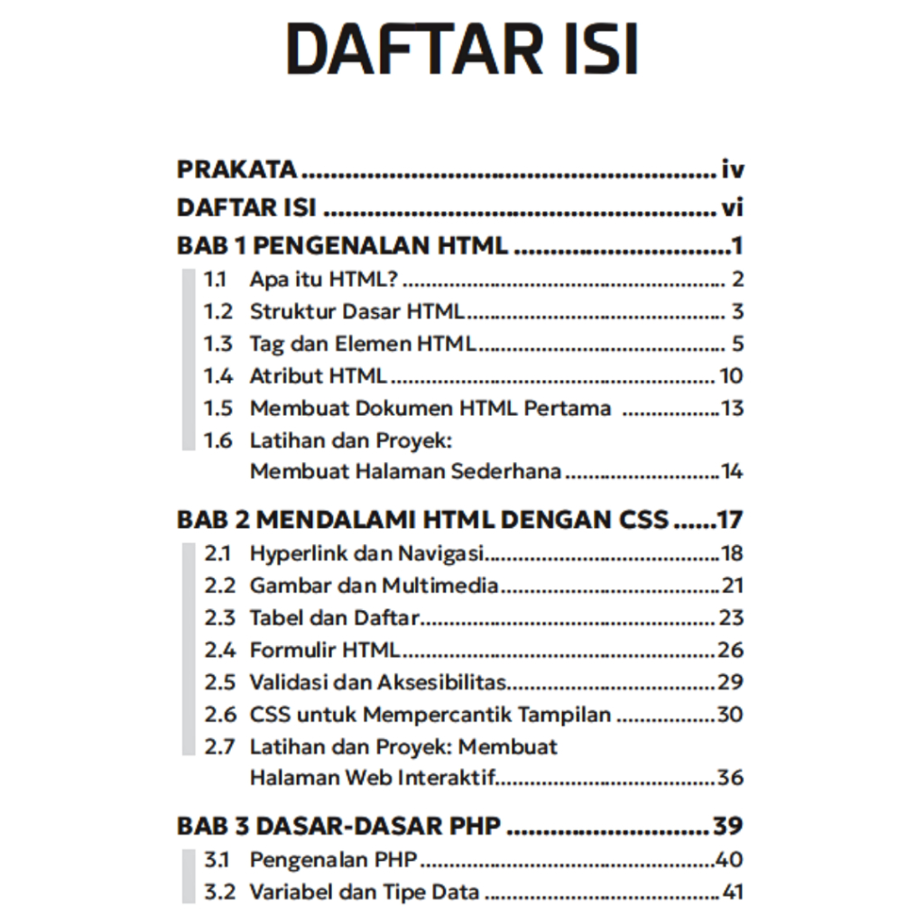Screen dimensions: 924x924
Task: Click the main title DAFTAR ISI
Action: click(x=462, y=50)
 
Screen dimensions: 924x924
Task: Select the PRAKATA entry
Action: click(x=236, y=169)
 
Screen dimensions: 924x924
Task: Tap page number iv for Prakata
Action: click(x=732, y=169)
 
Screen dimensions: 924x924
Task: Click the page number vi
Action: click(x=732, y=208)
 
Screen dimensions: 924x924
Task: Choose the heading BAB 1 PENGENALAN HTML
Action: click(x=342, y=245)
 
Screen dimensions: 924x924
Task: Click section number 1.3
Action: click(x=217, y=344)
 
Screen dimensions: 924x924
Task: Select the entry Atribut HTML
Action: click(x=318, y=375)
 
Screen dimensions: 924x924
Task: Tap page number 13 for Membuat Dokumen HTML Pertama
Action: click(x=732, y=408)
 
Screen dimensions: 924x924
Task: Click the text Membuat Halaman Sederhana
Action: click(x=405, y=471)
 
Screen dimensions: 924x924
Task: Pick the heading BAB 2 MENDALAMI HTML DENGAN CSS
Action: click(x=422, y=520)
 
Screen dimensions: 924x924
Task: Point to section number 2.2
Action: click(x=219, y=586)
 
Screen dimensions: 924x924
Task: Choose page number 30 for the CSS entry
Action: click(x=730, y=715)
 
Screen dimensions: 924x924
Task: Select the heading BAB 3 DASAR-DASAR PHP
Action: click(x=338, y=827)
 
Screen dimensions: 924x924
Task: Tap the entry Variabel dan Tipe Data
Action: click(x=364, y=893)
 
